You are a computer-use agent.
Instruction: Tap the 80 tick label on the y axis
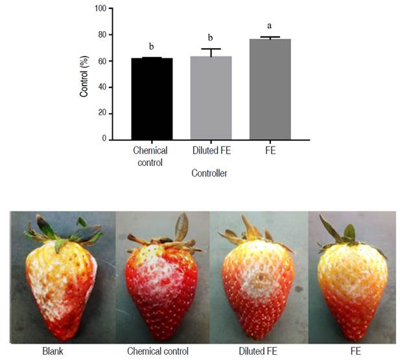pos(101,35)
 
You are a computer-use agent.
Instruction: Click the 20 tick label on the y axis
pos(101,114)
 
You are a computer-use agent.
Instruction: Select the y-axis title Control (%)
pos(84,75)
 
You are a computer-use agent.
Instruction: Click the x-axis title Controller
pos(209,174)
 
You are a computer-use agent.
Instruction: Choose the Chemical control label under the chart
pos(150,155)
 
